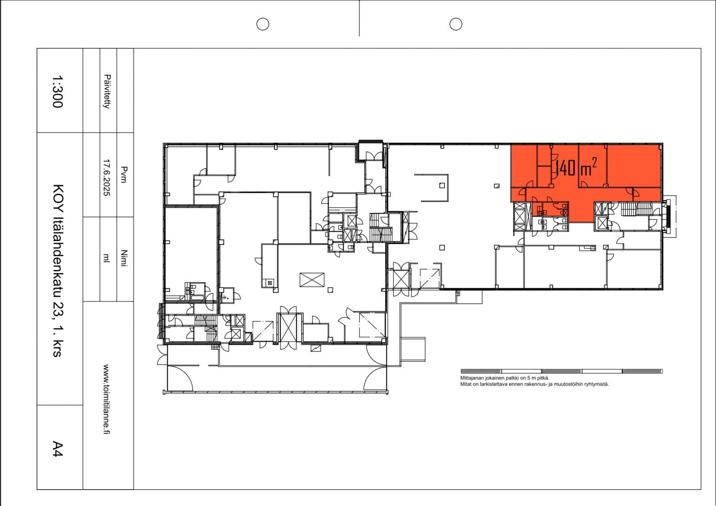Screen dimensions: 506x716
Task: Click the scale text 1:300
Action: (57, 91)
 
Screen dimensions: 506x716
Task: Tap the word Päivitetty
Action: (107, 91)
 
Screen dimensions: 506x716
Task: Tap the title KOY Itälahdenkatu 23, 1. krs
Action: (58, 270)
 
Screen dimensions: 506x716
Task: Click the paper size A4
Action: (57, 449)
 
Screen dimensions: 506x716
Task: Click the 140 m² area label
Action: (576, 168)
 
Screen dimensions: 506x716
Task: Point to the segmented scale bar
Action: (561, 371)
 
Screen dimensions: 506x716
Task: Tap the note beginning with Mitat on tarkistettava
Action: (534, 384)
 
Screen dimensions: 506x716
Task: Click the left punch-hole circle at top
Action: (263, 24)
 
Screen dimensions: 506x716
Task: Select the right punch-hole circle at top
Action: (456, 24)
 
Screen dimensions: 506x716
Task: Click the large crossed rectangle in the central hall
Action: (312, 279)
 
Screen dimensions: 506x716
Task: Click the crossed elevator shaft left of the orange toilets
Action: (519, 217)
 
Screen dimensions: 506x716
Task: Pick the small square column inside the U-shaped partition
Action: (442, 185)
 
